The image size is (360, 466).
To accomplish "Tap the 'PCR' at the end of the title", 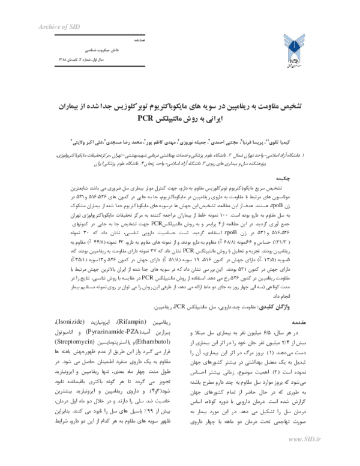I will [145, 117].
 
